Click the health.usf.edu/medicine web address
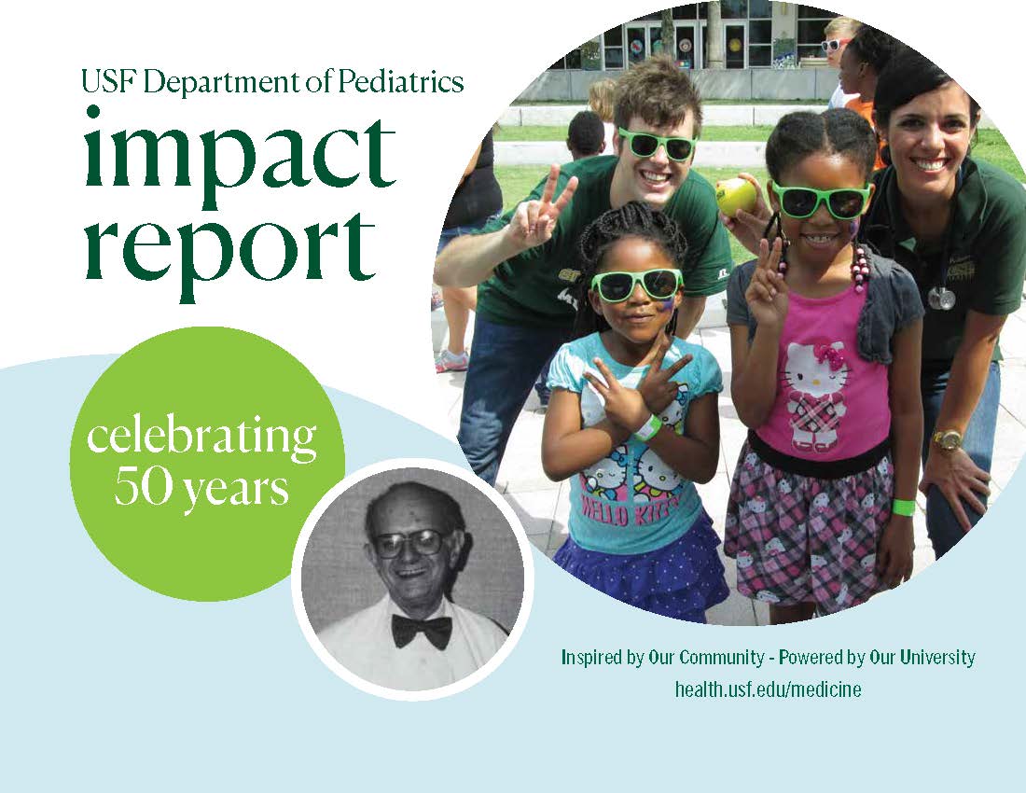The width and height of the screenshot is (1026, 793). coord(768,689)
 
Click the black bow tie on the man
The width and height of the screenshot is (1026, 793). coord(422,630)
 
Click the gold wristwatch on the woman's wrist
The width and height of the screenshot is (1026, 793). coord(946,439)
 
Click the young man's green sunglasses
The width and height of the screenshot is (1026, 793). coord(657,144)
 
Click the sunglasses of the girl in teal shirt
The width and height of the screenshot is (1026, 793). coord(635,284)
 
